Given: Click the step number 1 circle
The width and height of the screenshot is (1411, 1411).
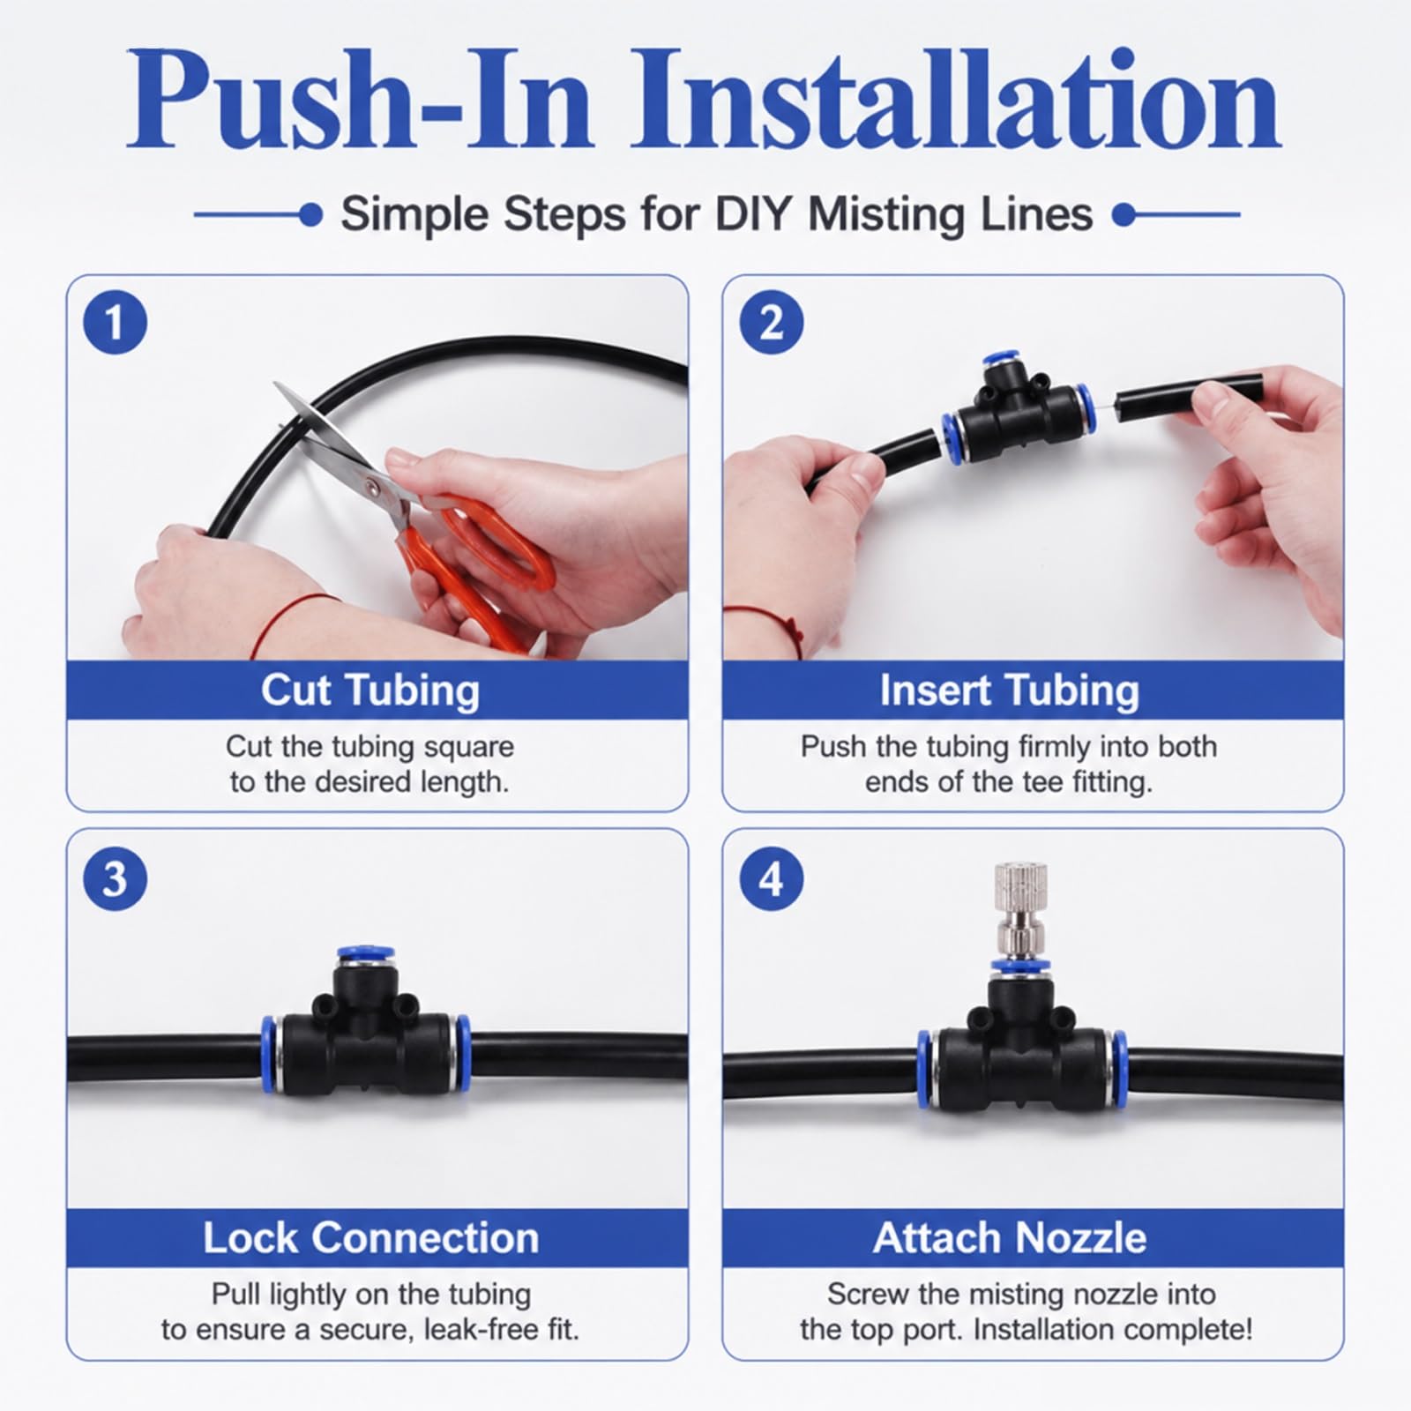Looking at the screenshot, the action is [115, 323].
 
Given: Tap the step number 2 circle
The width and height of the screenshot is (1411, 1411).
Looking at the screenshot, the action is [771, 323].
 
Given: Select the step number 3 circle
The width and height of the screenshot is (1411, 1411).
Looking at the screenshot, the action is [115, 878].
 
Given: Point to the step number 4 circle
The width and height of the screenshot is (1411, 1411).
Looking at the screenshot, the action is [771, 878].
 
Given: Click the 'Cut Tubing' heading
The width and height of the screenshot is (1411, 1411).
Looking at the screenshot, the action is [370, 691].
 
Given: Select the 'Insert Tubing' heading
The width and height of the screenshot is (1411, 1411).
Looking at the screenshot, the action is [1010, 691].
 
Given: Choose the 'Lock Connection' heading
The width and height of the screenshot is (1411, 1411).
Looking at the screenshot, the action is [371, 1238].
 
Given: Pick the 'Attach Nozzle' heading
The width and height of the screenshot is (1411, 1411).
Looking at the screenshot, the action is [1010, 1238].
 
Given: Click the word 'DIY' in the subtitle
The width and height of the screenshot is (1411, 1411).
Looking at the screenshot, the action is [756, 214].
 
